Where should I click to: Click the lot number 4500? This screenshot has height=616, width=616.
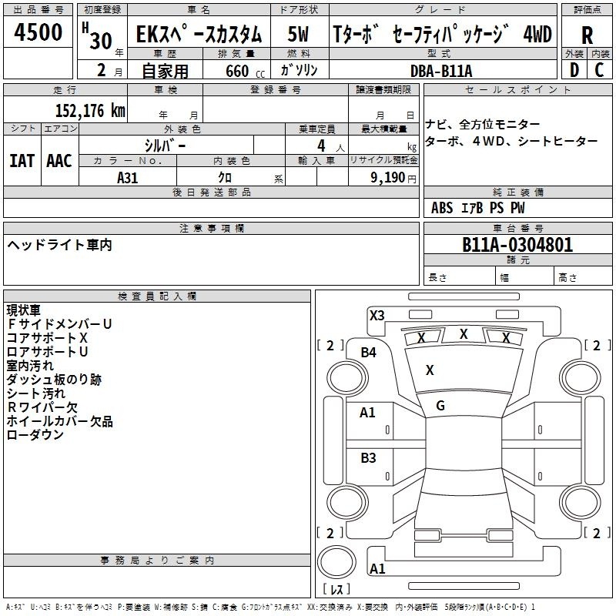[x=38, y=32]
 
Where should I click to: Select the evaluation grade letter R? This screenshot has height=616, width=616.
[x=587, y=34]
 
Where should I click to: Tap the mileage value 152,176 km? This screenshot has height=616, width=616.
[x=90, y=111]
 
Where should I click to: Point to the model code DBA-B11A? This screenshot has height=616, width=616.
[x=441, y=71]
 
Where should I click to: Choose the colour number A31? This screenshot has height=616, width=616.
[x=128, y=177]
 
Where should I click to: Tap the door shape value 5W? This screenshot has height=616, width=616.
[x=299, y=34]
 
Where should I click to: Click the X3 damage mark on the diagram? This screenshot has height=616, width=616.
[x=377, y=315]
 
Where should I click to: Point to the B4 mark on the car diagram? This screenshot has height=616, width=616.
[x=369, y=353]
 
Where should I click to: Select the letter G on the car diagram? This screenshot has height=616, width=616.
[x=440, y=406]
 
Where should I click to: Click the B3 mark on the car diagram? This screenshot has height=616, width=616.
[x=369, y=458]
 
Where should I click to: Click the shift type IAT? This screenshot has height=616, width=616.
[x=22, y=161]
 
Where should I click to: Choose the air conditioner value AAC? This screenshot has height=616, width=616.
[x=59, y=161]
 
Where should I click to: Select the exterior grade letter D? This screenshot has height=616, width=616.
[x=573, y=70]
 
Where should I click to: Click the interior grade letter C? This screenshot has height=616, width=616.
[x=599, y=70]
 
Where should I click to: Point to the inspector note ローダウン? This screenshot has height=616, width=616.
[x=35, y=435]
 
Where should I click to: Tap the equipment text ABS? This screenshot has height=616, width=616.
[x=442, y=208]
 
